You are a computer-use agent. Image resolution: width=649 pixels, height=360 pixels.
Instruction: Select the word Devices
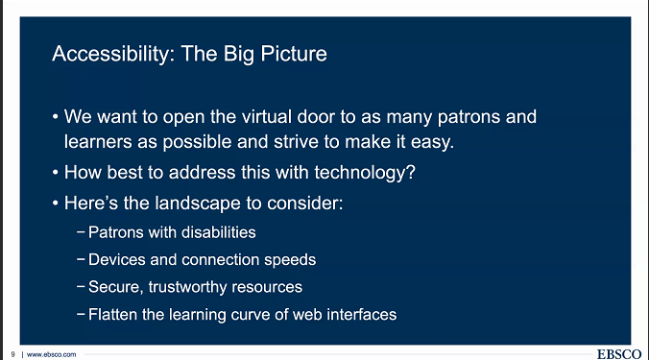tap(115, 260)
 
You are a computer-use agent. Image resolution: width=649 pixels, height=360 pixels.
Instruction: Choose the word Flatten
tap(113, 314)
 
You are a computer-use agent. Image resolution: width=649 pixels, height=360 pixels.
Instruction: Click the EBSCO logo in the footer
tap(619, 353)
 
